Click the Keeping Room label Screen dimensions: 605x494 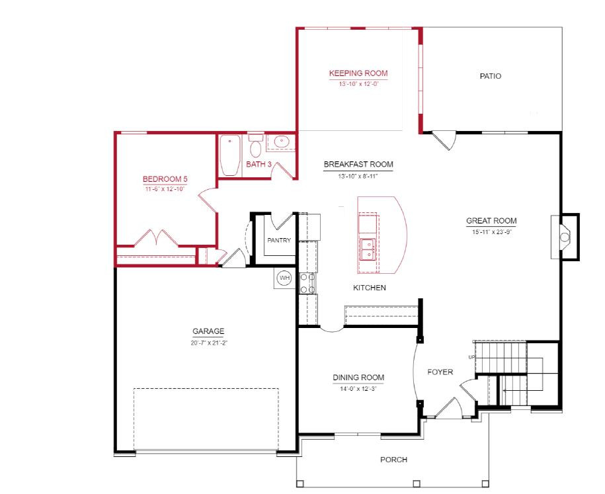(x=358, y=73)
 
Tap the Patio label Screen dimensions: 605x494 (x=491, y=76)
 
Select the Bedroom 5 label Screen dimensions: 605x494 (x=165, y=179)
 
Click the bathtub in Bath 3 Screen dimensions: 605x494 (x=230, y=155)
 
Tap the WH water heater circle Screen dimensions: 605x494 (x=285, y=278)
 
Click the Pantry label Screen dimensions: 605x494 (x=279, y=240)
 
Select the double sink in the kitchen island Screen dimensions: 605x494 (x=368, y=249)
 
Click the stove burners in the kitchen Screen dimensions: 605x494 (x=307, y=283)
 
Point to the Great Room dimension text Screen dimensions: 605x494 (x=491, y=232)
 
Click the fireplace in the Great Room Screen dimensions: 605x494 (x=565, y=237)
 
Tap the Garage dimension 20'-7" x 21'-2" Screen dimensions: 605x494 (x=208, y=343)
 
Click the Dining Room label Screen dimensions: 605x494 (x=358, y=378)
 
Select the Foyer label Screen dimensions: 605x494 (x=440, y=372)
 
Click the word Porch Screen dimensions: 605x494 (x=393, y=460)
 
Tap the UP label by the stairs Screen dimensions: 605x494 (x=471, y=357)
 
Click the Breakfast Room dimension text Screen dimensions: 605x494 (x=358, y=177)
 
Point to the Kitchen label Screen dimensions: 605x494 (x=369, y=288)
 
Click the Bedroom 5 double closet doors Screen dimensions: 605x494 (x=156, y=237)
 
